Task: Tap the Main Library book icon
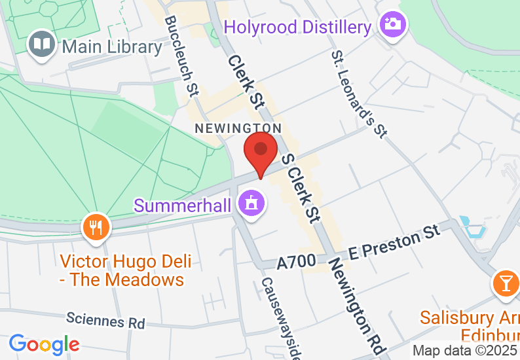coord(43,45)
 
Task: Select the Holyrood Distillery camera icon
coord(394,26)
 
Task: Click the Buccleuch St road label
coord(181,57)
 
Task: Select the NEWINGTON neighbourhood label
coord(238,128)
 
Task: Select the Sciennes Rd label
coord(105,321)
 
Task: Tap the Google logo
coord(45,344)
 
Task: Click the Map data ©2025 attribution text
coord(466,351)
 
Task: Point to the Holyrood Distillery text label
coord(298,27)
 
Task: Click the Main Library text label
coord(112,46)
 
